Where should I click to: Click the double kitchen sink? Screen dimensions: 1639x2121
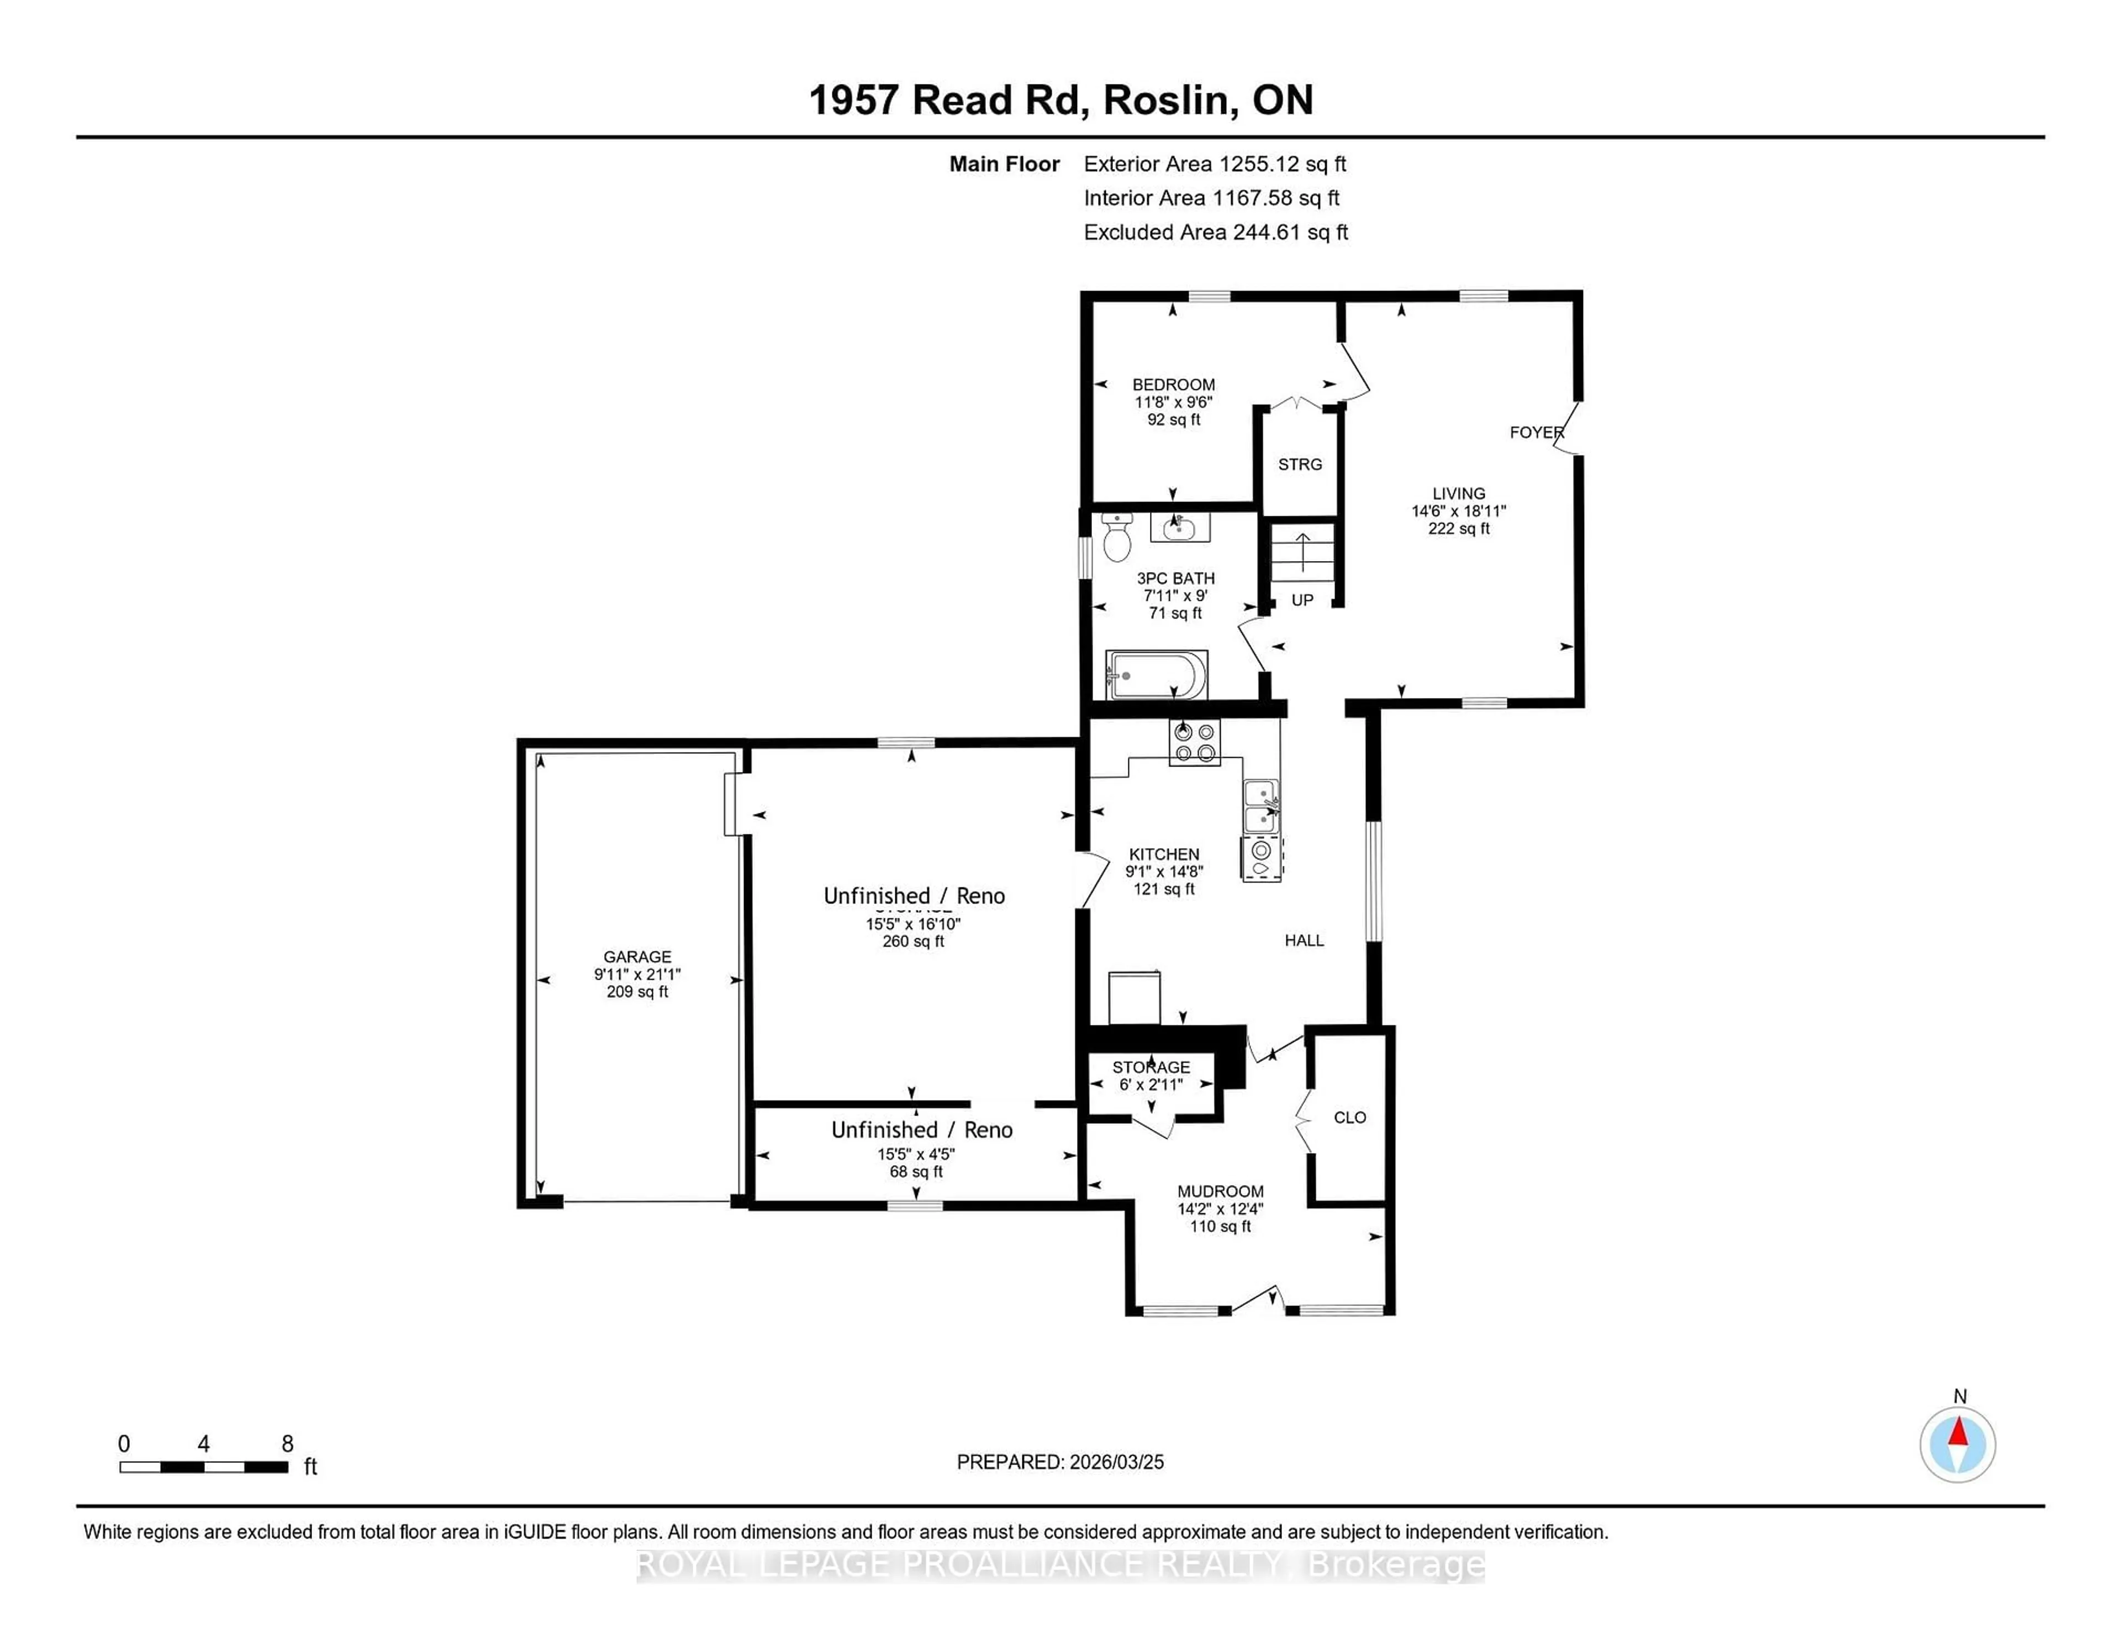tap(1260, 806)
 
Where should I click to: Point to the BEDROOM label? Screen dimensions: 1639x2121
tap(1173, 384)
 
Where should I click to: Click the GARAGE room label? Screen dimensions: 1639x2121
tap(637, 956)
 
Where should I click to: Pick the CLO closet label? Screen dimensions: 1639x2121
tap(1350, 1118)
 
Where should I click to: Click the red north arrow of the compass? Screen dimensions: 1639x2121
tap(1958, 1432)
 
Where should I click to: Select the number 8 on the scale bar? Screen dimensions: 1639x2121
tap(287, 1444)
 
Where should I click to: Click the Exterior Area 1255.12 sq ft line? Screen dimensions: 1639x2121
tap(1215, 164)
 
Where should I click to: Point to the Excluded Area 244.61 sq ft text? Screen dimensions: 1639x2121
tap(1216, 232)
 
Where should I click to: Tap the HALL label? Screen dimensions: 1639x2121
tap(1304, 940)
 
